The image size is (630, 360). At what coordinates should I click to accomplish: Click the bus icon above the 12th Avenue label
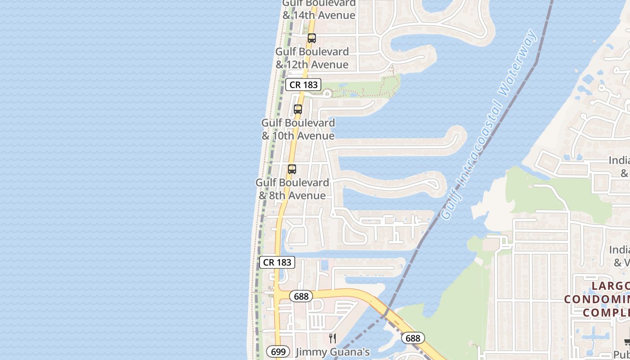[312, 38]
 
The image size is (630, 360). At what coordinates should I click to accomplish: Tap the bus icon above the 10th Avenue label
[298, 109]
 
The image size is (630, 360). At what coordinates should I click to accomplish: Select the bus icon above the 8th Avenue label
[292, 169]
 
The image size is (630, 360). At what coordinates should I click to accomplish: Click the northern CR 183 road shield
[303, 85]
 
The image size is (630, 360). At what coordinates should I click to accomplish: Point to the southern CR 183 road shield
[277, 262]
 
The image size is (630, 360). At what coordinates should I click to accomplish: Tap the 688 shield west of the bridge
[301, 296]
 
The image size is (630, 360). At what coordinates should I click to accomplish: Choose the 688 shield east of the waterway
[413, 338]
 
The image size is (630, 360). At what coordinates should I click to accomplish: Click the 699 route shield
[278, 351]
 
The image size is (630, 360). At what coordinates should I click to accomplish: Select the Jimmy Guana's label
[333, 352]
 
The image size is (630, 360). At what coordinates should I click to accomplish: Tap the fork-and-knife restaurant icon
[333, 338]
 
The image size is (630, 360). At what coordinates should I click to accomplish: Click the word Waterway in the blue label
[518, 63]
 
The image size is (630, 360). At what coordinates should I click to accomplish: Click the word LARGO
[610, 286]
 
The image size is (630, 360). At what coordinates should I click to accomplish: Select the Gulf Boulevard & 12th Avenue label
[312, 58]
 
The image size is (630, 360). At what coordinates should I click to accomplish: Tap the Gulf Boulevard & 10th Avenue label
[298, 129]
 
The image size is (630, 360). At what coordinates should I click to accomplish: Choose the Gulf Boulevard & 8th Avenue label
[292, 189]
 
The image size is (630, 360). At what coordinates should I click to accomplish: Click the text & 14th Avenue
[319, 15]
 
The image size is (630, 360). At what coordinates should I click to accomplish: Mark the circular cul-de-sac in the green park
[327, 94]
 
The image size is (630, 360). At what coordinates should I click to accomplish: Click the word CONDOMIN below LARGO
[596, 299]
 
